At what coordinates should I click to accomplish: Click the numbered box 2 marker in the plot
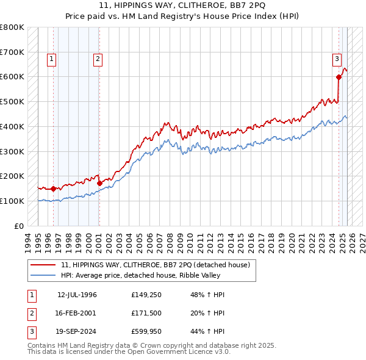98,59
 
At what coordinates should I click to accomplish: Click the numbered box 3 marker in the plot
337,59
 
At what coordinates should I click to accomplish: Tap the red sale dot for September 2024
339,77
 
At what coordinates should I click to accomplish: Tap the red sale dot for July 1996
53,189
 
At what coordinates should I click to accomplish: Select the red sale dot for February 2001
99,183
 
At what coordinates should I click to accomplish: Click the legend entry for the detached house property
156,265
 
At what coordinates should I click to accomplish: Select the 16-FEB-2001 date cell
77,314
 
